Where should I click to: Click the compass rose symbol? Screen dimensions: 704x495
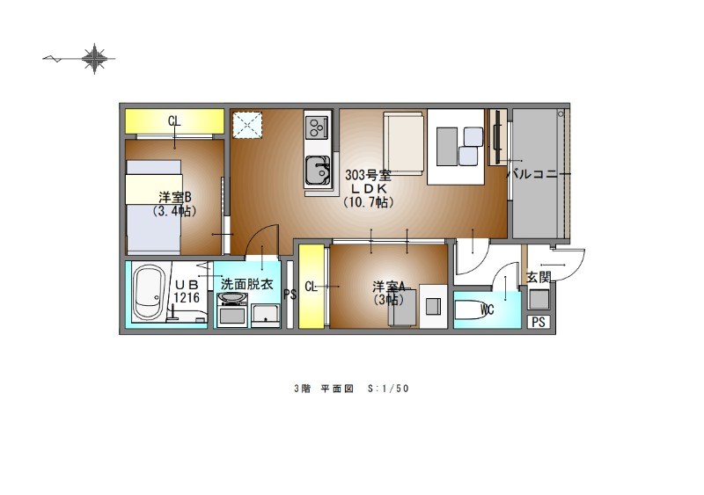point(94,58)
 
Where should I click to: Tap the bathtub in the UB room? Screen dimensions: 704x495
point(149,292)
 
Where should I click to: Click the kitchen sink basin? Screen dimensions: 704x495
point(318,171)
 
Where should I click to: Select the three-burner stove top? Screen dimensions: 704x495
point(318,127)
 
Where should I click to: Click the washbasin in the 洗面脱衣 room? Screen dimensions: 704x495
point(232,298)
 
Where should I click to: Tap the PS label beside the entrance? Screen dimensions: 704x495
point(539,322)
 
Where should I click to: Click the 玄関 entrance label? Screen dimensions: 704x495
point(538,277)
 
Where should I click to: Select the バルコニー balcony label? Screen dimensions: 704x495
point(532,174)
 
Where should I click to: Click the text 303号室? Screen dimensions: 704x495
point(368,175)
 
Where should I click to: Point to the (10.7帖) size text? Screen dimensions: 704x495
point(369,202)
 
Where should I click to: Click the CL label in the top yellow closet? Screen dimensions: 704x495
point(174,120)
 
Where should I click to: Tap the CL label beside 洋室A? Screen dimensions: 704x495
point(311,287)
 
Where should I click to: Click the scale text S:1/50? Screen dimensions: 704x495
point(388,389)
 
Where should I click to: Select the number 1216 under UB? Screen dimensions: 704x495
point(187,297)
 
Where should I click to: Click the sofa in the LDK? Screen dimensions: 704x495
point(403,143)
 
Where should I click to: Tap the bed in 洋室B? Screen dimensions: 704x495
point(153,207)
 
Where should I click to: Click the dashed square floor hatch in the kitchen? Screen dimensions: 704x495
point(248,125)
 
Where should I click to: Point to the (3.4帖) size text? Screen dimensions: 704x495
point(174,211)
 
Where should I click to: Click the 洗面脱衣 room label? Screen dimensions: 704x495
point(247,284)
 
